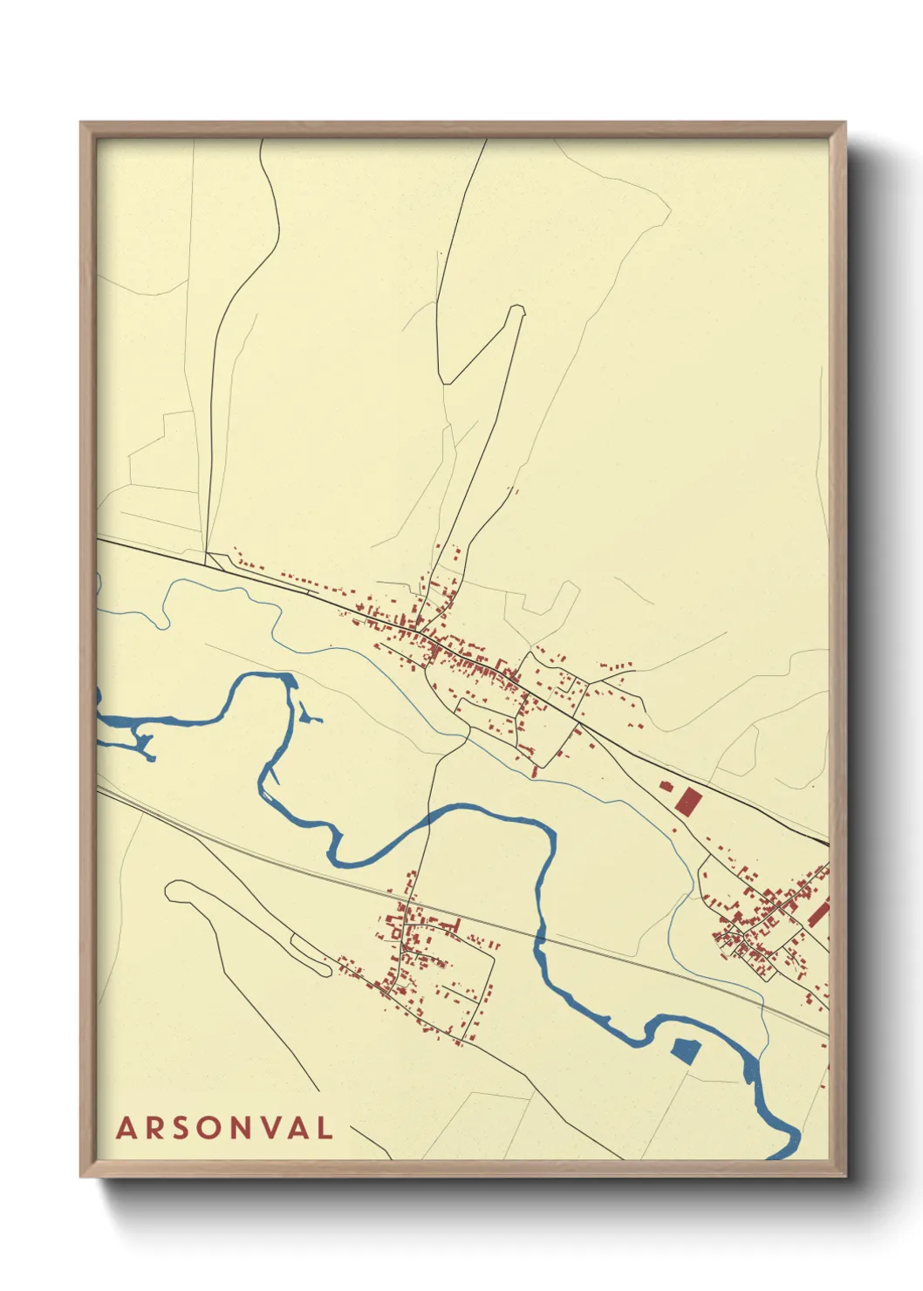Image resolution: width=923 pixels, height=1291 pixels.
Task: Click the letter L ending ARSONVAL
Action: pos(325,1128)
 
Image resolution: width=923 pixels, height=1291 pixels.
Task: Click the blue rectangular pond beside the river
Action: pos(686,1050)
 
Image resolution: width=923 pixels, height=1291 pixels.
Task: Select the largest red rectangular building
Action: pos(688,801)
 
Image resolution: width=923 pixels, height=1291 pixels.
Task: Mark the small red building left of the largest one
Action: pos(667,786)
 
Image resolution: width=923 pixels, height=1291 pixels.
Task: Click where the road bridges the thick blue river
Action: pos(428,820)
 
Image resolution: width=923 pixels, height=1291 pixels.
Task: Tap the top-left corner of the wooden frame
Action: pos(82,124)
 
